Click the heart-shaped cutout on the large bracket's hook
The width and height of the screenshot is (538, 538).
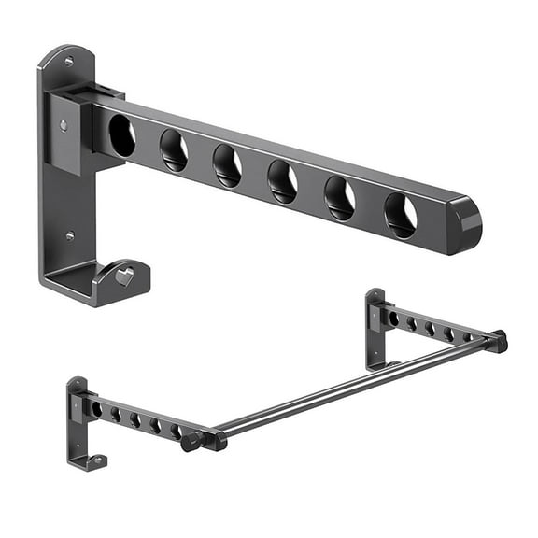click(123, 276)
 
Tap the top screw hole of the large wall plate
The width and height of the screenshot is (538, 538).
click(68, 62)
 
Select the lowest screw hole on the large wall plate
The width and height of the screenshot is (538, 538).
click(69, 236)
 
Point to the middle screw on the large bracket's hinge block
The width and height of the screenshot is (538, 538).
click(64, 124)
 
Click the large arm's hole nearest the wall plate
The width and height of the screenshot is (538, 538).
click(121, 134)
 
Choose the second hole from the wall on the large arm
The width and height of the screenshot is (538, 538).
click(173, 149)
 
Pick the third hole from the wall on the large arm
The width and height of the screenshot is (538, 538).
click(227, 165)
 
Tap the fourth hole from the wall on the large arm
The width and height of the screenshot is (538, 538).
click(282, 181)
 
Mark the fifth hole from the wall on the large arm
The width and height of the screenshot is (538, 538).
click(339, 198)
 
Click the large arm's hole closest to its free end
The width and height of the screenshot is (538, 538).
click(400, 216)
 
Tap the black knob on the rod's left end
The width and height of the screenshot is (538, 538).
click(191, 442)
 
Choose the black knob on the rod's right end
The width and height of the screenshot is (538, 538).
click(499, 340)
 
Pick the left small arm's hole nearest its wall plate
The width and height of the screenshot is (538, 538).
click(96, 409)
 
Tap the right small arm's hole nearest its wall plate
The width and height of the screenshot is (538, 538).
click(393, 319)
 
